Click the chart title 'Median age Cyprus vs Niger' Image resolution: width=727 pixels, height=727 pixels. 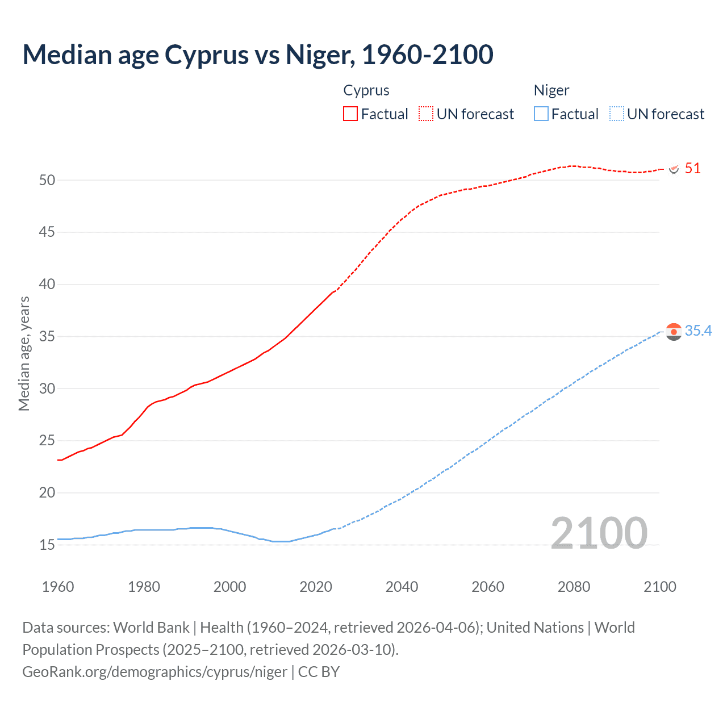tap(257, 55)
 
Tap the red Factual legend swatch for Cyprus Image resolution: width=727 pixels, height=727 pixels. tap(350, 114)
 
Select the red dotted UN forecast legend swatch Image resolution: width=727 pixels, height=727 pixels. tap(426, 114)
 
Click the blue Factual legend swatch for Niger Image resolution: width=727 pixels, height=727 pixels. tap(541, 114)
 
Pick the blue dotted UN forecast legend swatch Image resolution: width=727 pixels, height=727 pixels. tap(617, 114)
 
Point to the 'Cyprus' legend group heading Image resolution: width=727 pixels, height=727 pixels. tap(366, 90)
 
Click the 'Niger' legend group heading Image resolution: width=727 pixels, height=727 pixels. tap(551, 90)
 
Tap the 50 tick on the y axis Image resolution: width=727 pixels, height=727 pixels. tap(47, 180)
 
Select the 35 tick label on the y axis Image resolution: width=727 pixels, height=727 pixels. tap(47, 336)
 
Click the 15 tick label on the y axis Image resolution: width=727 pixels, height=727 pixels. tap(47, 545)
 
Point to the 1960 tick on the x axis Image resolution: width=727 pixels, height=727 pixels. tap(58, 587)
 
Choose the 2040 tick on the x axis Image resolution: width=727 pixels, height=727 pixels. tap(402, 587)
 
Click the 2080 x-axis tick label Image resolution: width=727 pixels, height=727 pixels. tap(574, 587)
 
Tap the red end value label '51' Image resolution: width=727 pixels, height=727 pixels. tap(692, 168)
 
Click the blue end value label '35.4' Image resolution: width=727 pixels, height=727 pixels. tap(698, 331)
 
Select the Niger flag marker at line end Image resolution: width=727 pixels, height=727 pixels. tap(674, 332)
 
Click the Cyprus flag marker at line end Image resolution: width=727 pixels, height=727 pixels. tap(674, 169)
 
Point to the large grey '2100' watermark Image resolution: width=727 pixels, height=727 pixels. tap(599, 533)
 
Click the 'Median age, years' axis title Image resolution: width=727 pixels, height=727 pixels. tap(24, 353)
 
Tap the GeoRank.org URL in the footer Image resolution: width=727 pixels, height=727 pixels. tap(154, 671)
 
